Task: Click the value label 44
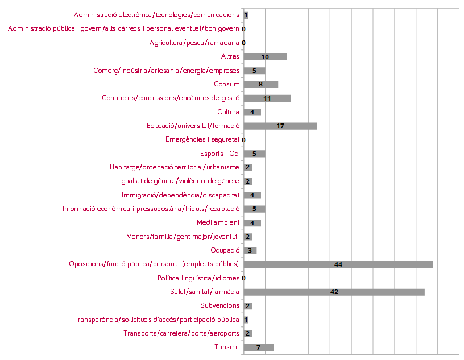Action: pos(338,264)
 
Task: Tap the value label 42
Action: pos(334,292)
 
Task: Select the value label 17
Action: pos(280,126)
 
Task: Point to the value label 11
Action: pos(267,98)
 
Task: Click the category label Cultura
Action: pos(228,112)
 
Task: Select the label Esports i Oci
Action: pos(219,154)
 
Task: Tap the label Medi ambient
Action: pos(218,222)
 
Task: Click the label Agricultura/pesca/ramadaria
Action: pos(194,43)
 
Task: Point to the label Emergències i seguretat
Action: pos(202,140)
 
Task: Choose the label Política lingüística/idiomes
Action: pos(198,278)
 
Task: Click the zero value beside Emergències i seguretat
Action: pos(243,140)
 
